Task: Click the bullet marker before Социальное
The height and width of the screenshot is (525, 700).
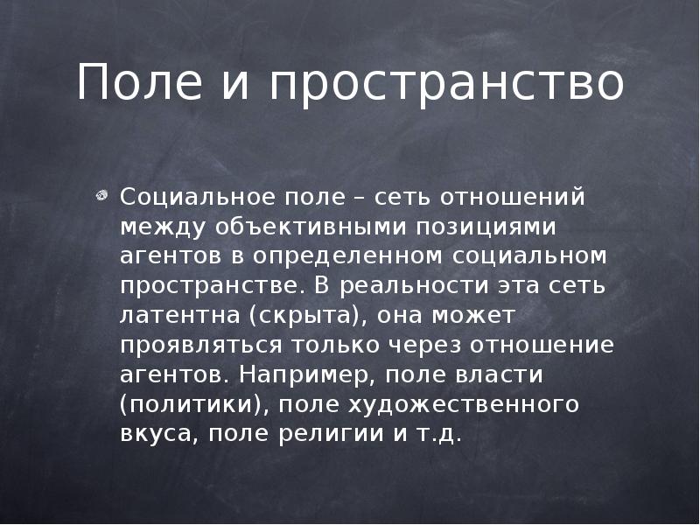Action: tap(103, 196)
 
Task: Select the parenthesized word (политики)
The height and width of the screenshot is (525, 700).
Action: tap(186, 405)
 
